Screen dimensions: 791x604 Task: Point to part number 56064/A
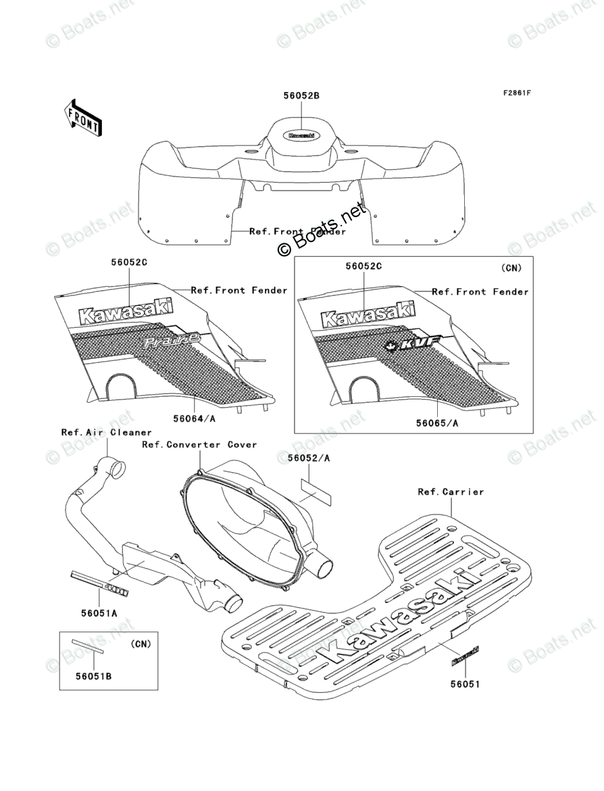[x=194, y=419]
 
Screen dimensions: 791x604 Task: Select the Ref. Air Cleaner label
[x=107, y=432]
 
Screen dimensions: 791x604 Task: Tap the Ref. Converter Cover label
[x=199, y=444]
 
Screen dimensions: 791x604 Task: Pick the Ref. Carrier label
[x=451, y=492]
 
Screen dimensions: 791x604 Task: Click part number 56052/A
[x=309, y=458]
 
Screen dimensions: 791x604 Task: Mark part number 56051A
[x=99, y=613]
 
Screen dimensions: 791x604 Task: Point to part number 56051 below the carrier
[x=465, y=684]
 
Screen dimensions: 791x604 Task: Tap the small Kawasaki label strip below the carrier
[x=465, y=655]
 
